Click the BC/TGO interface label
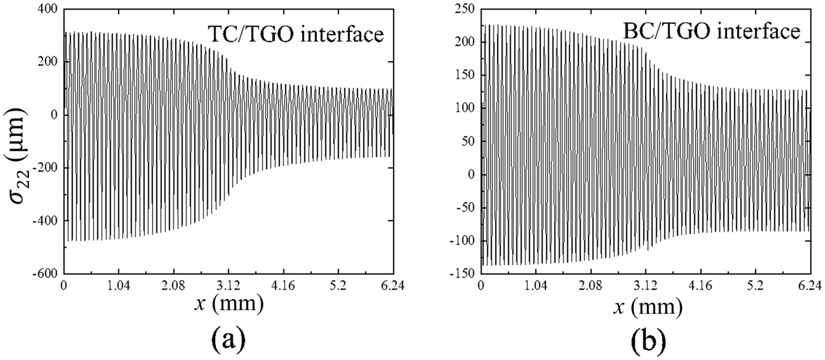coord(711,31)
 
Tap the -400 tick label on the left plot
coord(46,221)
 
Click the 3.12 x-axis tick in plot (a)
coord(228,285)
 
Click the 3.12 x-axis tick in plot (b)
coord(646,285)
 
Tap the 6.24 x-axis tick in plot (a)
coord(392,285)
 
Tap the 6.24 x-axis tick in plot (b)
coord(809,285)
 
